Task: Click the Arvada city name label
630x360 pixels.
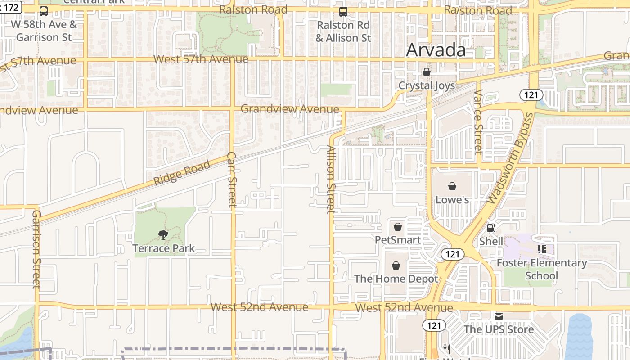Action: point(436,50)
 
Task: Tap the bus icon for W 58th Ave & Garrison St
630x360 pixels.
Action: point(44,11)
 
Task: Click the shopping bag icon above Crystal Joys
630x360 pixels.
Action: point(426,72)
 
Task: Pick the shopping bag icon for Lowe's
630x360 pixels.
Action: point(452,186)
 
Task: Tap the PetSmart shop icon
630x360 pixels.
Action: point(398,226)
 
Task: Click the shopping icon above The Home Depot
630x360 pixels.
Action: point(396,265)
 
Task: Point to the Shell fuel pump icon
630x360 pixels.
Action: point(491,228)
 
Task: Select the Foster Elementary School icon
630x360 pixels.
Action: point(542,249)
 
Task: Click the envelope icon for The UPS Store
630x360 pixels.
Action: point(499,316)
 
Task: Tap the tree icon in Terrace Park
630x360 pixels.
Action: point(163,234)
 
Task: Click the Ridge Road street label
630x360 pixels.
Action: point(182,173)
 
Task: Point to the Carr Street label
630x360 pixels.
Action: point(232,180)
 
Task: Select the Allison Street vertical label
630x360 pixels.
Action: point(331,179)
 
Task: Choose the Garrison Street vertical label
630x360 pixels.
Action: point(36,248)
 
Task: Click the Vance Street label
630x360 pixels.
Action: point(478,121)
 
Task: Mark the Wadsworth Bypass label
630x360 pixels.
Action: point(510,158)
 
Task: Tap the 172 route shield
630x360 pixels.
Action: point(10,8)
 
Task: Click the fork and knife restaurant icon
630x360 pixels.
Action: point(447,349)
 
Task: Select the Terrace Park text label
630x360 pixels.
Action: point(163,248)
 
